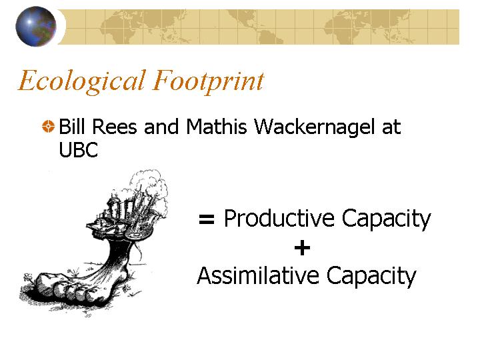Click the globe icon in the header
(x=36, y=27)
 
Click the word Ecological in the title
(x=81, y=81)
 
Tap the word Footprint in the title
(x=209, y=81)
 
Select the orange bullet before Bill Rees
(x=48, y=127)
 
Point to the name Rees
(x=114, y=127)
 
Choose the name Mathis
(x=217, y=127)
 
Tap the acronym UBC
(x=79, y=150)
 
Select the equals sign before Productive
(x=207, y=219)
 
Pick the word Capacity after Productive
(x=386, y=220)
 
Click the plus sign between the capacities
(x=302, y=247)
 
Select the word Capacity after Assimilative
(x=371, y=277)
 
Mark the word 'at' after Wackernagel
(x=391, y=127)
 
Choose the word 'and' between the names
(x=161, y=127)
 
